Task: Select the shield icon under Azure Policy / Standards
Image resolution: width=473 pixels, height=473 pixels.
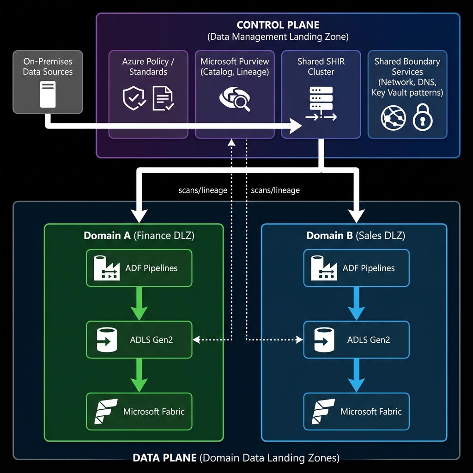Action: point(134,98)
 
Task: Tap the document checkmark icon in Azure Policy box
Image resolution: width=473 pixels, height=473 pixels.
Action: point(163,98)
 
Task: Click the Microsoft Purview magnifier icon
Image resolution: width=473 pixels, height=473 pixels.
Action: point(234,98)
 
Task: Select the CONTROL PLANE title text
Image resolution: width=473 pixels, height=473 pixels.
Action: point(278,25)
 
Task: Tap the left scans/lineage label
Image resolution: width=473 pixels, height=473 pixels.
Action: point(202,190)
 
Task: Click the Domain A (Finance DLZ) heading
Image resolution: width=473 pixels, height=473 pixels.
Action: point(139,236)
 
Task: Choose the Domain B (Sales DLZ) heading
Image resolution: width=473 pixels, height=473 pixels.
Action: point(356,236)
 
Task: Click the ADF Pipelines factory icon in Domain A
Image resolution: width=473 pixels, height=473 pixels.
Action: point(107,268)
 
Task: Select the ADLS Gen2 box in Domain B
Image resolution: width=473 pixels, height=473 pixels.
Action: point(356,340)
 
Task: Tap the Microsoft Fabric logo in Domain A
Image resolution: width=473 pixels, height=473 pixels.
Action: point(106,411)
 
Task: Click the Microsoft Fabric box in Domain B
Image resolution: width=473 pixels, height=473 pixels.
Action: point(356,411)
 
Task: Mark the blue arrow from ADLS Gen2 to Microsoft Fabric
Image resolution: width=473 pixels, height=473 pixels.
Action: point(356,375)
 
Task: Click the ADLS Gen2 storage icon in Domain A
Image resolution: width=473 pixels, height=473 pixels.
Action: point(107,340)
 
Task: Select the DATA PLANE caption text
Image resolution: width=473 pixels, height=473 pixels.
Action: point(236,458)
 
